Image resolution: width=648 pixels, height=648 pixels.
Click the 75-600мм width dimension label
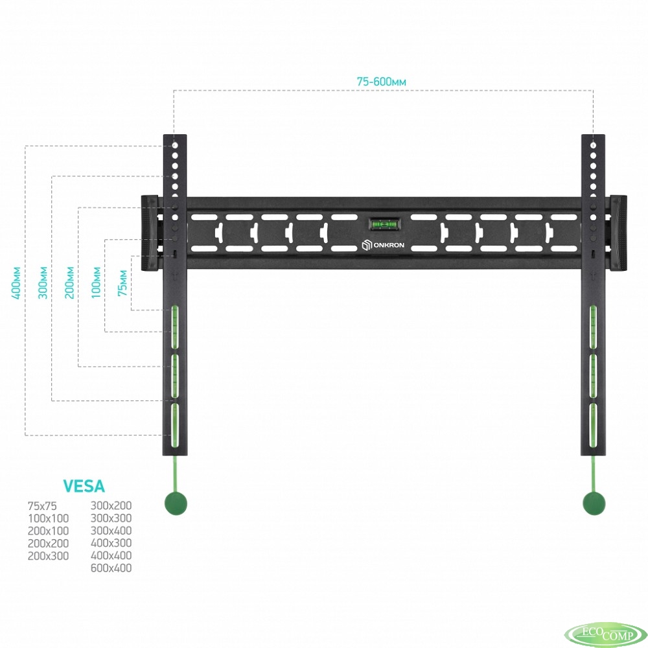[381, 82]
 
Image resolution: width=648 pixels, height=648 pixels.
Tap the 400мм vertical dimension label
[16, 283]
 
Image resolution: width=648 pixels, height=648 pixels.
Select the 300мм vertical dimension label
[43, 283]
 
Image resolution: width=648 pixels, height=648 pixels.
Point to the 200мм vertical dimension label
[69, 283]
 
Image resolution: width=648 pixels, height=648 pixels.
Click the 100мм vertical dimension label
[96, 283]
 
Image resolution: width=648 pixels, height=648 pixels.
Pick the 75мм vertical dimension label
[122, 283]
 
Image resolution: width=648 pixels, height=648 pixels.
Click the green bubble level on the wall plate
[382, 224]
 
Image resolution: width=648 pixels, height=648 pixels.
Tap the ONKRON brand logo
[383, 245]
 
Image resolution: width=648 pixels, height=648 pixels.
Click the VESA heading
[84, 487]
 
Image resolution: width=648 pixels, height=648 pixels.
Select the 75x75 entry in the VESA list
[42, 506]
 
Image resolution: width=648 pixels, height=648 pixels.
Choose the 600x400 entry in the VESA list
[111, 568]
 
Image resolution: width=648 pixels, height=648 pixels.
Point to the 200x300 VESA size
[49, 556]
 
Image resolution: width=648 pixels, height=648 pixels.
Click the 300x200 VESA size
[111, 505]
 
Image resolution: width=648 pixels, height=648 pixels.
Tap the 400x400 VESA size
[111, 555]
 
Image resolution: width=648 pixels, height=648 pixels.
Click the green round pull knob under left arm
[176, 503]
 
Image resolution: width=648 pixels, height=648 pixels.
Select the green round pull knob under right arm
[594, 503]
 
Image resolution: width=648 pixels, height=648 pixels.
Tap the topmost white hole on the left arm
[175, 145]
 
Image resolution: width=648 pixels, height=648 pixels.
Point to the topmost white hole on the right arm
[594, 145]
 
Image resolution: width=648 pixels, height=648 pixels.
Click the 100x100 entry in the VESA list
[49, 518]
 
